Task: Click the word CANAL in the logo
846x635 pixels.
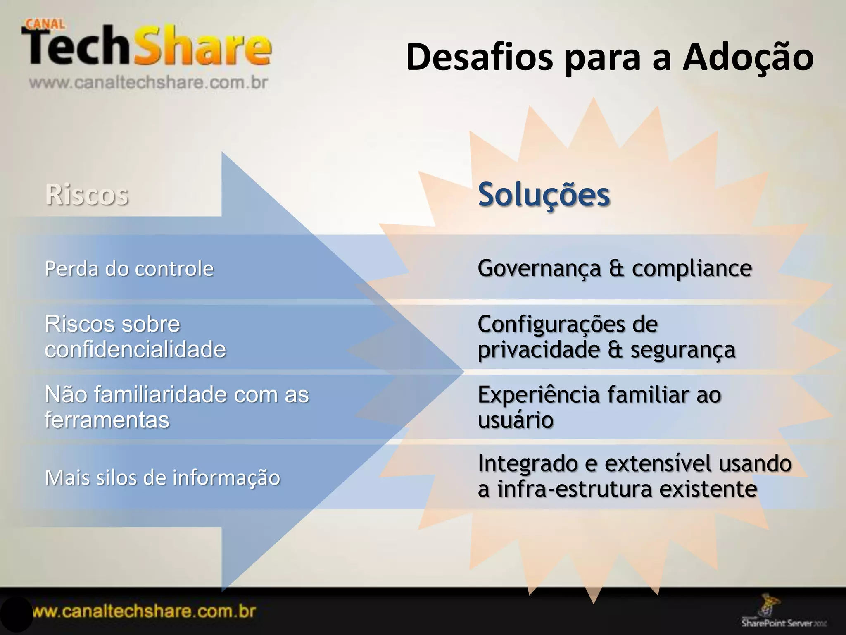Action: pos(45,24)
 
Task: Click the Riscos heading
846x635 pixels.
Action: pos(87,194)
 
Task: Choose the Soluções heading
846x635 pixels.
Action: pos(544,194)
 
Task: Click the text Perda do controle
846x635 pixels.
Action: pos(129,269)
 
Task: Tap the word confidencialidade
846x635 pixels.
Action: pos(135,350)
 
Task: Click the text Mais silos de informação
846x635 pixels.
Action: pos(162,477)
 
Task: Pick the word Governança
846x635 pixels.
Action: pos(539,269)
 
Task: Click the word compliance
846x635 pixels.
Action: pos(692,269)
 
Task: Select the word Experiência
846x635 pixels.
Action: pos(539,395)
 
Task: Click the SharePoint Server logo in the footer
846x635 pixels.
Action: pos(781,616)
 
